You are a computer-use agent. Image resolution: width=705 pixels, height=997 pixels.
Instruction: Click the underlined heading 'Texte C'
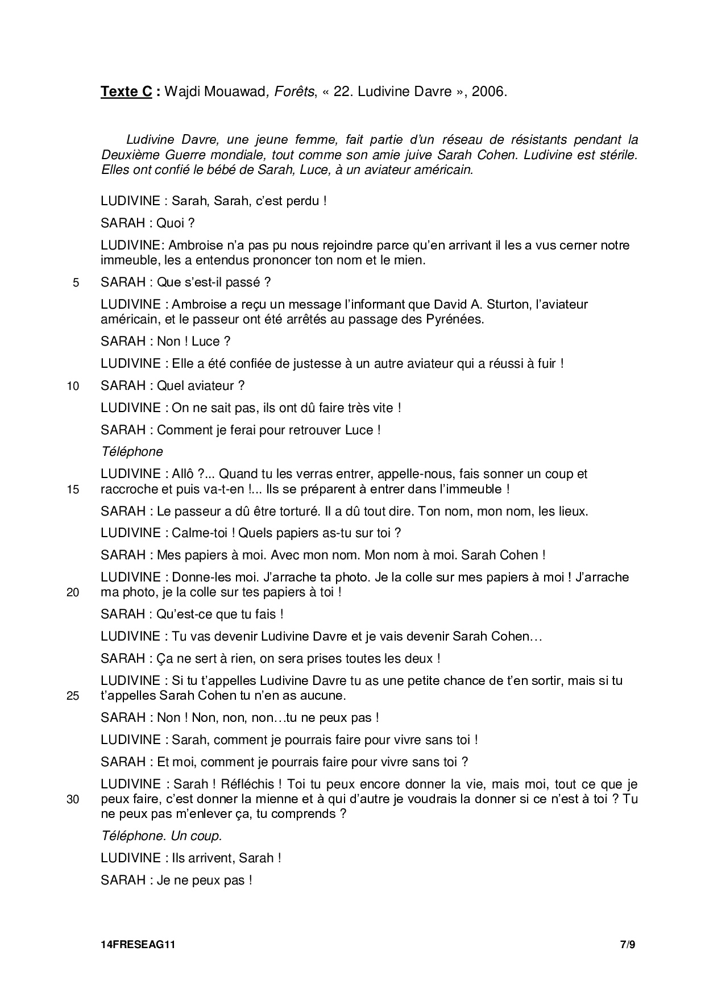(x=126, y=92)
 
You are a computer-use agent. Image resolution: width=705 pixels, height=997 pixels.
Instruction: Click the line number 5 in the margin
(x=76, y=283)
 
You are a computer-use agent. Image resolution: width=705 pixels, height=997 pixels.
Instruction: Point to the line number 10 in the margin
(x=73, y=387)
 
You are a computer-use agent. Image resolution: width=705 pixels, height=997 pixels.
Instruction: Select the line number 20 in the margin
(x=73, y=593)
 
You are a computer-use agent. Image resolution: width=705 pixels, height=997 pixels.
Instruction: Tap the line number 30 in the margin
(x=73, y=800)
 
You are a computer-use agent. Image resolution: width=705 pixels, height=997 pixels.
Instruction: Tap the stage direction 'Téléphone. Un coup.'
(x=161, y=836)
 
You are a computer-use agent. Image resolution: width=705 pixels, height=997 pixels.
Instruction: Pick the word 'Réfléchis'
(x=250, y=784)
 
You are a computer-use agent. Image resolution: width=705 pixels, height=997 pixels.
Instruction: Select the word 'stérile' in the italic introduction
(x=617, y=155)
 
